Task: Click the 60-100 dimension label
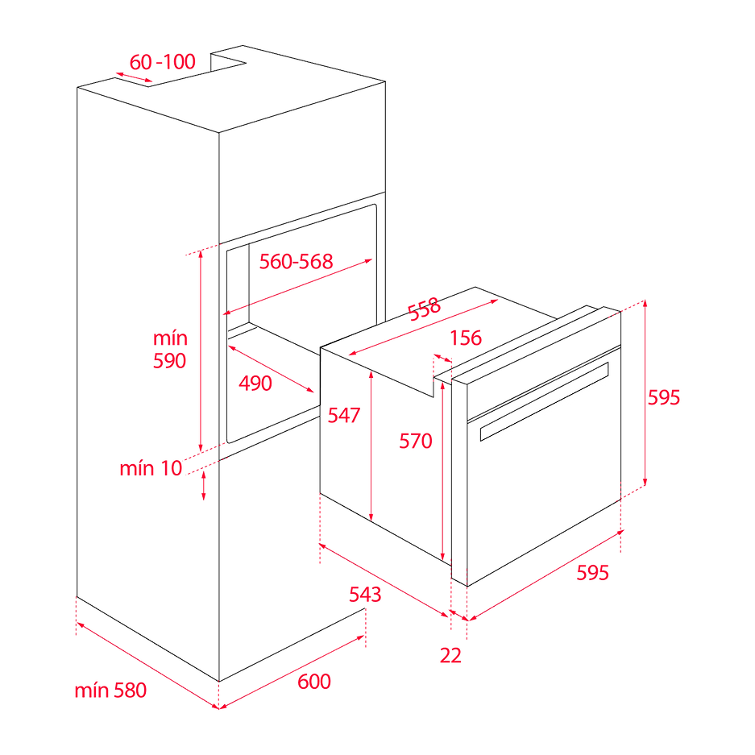click(x=162, y=62)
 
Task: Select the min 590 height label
click(x=170, y=350)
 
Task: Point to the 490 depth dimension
click(x=255, y=384)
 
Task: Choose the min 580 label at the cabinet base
click(x=111, y=691)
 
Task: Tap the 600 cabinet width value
click(x=314, y=682)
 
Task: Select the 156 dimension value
click(x=465, y=338)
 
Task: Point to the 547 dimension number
click(x=344, y=415)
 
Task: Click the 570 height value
click(x=417, y=440)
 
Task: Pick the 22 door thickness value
click(x=451, y=655)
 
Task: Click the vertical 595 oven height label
click(x=666, y=397)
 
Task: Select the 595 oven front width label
click(x=592, y=573)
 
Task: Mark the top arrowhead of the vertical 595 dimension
click(x=645, y=302)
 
